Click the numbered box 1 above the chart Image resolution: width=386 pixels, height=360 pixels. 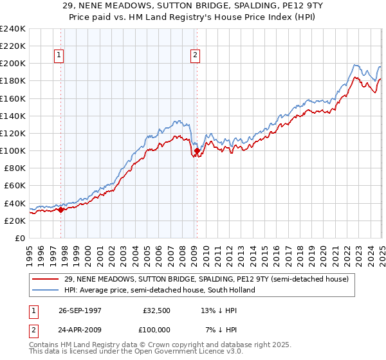coord(59,55)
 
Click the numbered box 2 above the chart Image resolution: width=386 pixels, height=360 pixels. coord(194,55)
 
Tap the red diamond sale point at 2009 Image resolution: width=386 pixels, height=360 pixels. coord(197,150)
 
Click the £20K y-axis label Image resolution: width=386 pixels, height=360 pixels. coord(15,221)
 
